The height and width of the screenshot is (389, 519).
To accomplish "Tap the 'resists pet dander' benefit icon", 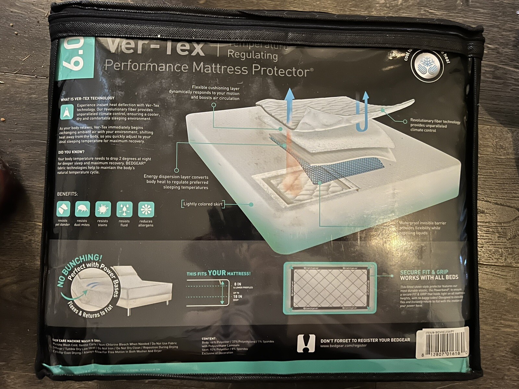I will click(63, 209).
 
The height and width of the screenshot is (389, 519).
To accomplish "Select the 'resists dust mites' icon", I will click(82, 209).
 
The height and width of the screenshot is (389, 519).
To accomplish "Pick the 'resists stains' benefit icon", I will click(103, 209).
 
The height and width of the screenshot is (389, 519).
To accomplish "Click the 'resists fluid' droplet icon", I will click(124, 209).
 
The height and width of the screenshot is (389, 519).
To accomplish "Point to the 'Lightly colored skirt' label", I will click(203, 204).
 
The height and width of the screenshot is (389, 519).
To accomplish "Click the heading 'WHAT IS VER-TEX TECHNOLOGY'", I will click(88, 99).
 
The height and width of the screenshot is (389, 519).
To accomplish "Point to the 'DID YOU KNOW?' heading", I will click(71, 152).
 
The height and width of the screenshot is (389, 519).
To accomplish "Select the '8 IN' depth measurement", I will click(237, 284).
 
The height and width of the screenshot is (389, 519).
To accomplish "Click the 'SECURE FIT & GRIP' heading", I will click(424, 272).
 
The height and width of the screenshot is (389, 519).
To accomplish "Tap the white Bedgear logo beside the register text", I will click(306, 343).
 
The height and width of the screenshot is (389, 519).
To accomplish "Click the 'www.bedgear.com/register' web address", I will click(343, 346).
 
